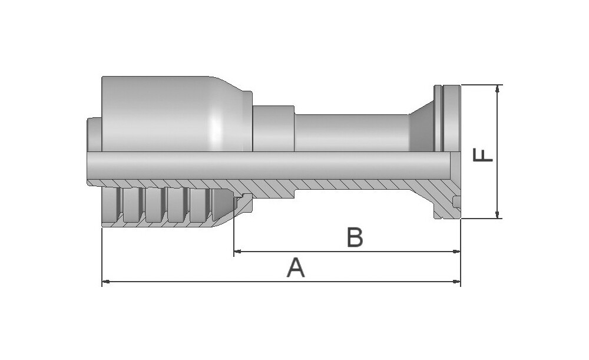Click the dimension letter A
296,267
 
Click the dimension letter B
355,237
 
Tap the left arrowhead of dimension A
105,281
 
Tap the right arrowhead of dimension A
457,281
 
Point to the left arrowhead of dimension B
237,251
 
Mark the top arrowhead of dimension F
498,89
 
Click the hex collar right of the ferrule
273,128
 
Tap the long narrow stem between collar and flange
351,133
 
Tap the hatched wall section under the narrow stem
351,184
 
